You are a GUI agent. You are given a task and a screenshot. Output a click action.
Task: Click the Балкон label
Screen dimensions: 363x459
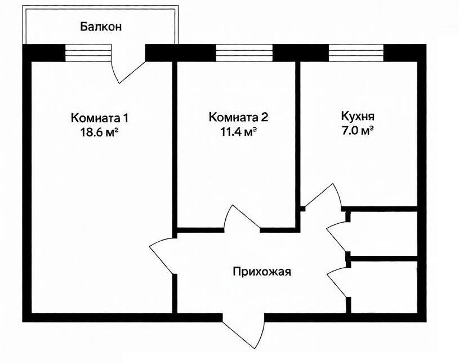point(101,26)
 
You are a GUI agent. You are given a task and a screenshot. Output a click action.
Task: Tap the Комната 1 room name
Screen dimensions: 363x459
point(100,118)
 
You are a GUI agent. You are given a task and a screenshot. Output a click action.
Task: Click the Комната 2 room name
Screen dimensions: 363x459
point(238,118)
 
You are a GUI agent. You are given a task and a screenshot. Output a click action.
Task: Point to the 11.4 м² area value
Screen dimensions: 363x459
point(238,132)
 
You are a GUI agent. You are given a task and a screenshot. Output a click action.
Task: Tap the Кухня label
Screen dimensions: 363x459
point(358,118)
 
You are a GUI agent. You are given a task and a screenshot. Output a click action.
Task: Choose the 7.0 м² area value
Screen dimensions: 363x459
point(358,132)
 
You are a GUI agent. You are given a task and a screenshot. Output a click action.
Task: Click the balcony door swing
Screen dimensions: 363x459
point(127,67)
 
